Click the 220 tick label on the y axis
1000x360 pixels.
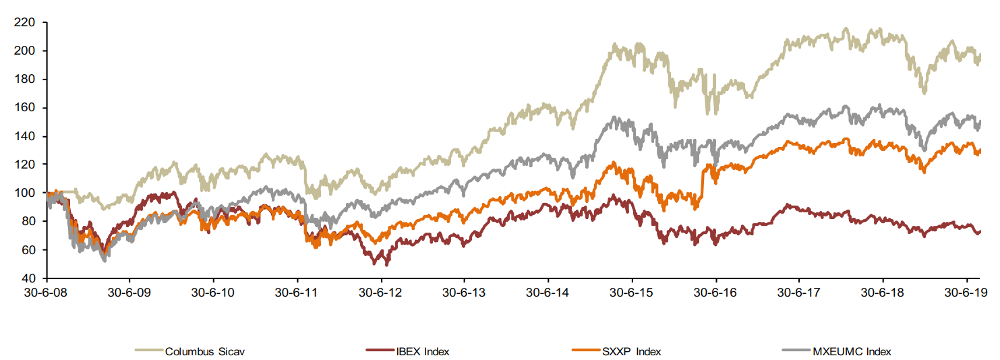pyautogui.click(x=26, y=23)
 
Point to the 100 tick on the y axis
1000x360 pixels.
pyautogui.click(x=26, y=193)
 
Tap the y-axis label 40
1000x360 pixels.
pyautogui.click(x=29, y=278)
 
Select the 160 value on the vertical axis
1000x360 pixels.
pyautogui.click(x=26, y=108)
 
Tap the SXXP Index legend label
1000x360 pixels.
pyautogui.click(x=632, y=351)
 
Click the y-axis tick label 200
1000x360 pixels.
pyautogui.click(x=26, y=51)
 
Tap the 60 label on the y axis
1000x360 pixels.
pyautogui.click(x=29, y=250)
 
